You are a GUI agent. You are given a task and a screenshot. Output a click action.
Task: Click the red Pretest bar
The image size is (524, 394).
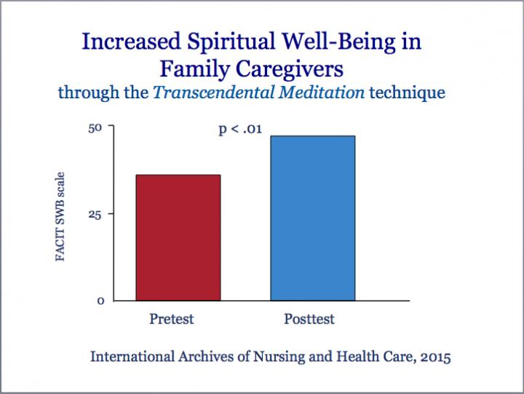178,237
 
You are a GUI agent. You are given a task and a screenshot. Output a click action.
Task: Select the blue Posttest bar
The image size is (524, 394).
313,218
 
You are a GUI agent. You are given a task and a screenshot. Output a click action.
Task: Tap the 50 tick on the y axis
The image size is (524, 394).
96,127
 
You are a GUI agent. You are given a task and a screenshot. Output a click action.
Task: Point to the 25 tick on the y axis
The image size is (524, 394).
96,213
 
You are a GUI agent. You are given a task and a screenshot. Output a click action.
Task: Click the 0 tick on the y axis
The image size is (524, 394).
100,300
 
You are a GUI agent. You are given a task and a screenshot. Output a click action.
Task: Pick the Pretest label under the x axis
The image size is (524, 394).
172,319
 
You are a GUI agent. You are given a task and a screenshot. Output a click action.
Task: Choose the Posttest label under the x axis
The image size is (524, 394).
310,319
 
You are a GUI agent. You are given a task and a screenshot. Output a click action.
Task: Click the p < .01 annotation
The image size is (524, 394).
240,130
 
